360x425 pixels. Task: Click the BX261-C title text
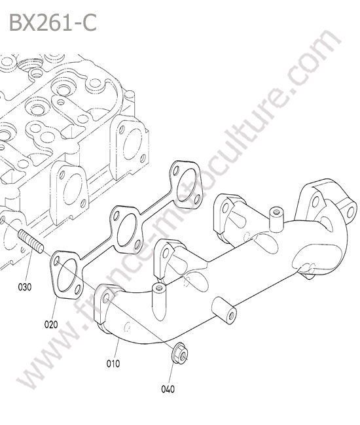coord(53,22)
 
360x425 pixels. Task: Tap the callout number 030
coord(25,287)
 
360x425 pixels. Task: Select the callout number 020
coord(51,324)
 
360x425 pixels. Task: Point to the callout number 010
coord(113,364)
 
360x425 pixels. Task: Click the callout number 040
coord(168,389)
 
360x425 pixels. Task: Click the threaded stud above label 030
coord(31,241)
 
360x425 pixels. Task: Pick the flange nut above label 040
coord(179,353)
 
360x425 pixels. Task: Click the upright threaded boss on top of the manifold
coord(276,220)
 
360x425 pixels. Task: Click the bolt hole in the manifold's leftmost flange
coord(106,297)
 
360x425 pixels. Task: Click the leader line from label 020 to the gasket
coord(55,309)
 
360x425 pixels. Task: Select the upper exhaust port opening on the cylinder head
coord(133,144)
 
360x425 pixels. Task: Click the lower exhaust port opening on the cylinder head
coord(73,189)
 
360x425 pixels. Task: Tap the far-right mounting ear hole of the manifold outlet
coord(351,211)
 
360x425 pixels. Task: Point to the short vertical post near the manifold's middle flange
coord(158,294)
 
